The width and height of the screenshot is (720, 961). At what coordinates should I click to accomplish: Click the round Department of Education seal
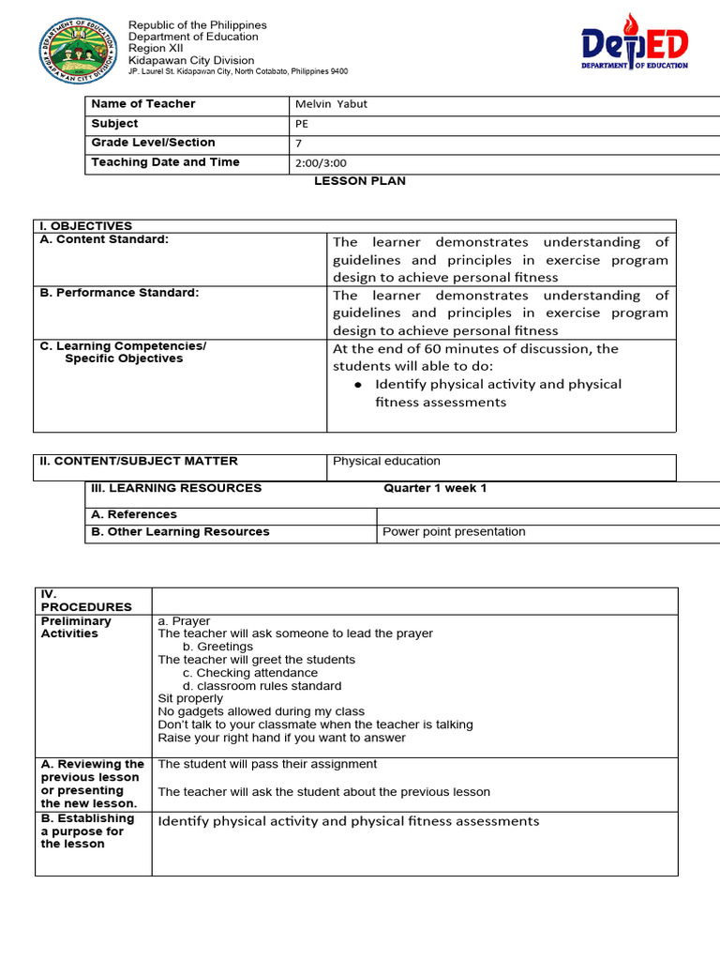(x=79, y=49)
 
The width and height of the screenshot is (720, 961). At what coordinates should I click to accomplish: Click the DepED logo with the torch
(x=634, y=43)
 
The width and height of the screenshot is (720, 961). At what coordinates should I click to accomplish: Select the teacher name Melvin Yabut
(x=331, y=104)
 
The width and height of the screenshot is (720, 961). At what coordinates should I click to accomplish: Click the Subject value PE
(x=302, y=124)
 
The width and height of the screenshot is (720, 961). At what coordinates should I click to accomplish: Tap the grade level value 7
(x=299, y=144)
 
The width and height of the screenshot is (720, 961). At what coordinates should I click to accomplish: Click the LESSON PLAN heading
(x=359, y=181)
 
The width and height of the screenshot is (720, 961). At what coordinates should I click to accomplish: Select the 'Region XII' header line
(x=156, y=49)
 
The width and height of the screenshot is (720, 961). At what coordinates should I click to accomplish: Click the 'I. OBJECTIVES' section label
(x=85, y=226)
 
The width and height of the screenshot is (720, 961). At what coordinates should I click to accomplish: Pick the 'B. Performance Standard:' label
(x=119, y=293)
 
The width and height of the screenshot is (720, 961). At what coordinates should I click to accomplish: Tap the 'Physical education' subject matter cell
(x=386, y=462)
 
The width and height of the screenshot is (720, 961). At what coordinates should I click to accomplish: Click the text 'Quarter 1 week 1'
(x=435, y=488)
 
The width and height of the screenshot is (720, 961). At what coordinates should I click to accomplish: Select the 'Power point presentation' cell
(x=454, y=532)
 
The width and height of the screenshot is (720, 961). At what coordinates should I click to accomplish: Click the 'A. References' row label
(x=133, y=514)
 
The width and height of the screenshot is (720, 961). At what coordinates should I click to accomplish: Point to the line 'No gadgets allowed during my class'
(x=262, y=711)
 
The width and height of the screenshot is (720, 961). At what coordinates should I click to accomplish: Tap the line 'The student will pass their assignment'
(x=267, y=764)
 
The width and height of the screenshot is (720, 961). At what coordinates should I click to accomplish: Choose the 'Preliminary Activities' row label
(x=76, y=627)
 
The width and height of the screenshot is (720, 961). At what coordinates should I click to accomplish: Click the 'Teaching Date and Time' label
(x=165, y=162)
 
